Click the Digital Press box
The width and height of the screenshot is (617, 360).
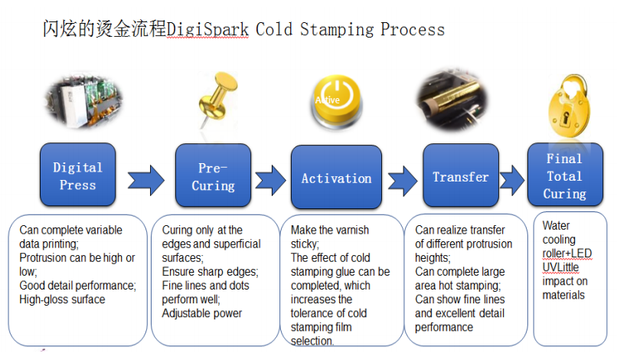[78, 175]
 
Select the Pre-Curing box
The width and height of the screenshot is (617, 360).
[213, 175]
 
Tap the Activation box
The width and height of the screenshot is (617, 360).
[336, 177]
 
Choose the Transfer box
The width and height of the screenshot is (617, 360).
[461, 175]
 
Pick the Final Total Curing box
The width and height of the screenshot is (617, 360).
[565, 175]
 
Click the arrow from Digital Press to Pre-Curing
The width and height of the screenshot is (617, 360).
[146, 181]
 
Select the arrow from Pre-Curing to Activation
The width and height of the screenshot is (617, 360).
[271, 181]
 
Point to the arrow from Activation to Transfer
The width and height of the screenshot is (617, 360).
[403, 182]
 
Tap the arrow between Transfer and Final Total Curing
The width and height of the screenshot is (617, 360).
[512, 181]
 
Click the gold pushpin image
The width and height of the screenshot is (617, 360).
[217, 99]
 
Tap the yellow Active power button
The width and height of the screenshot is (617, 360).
[337, 100]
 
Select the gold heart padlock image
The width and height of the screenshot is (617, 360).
[569, 106]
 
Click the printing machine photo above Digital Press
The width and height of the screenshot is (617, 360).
[84, 101]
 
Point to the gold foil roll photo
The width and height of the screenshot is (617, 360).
[452, 101]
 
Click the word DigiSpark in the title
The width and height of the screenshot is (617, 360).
[207, 30]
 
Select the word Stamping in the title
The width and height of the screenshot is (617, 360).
[337, 30]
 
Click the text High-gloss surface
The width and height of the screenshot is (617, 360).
[62, 299]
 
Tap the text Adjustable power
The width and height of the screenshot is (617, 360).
[202, 313]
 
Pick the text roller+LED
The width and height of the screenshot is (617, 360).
[567, 254]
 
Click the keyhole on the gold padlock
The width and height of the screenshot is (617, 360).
[566, 117]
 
